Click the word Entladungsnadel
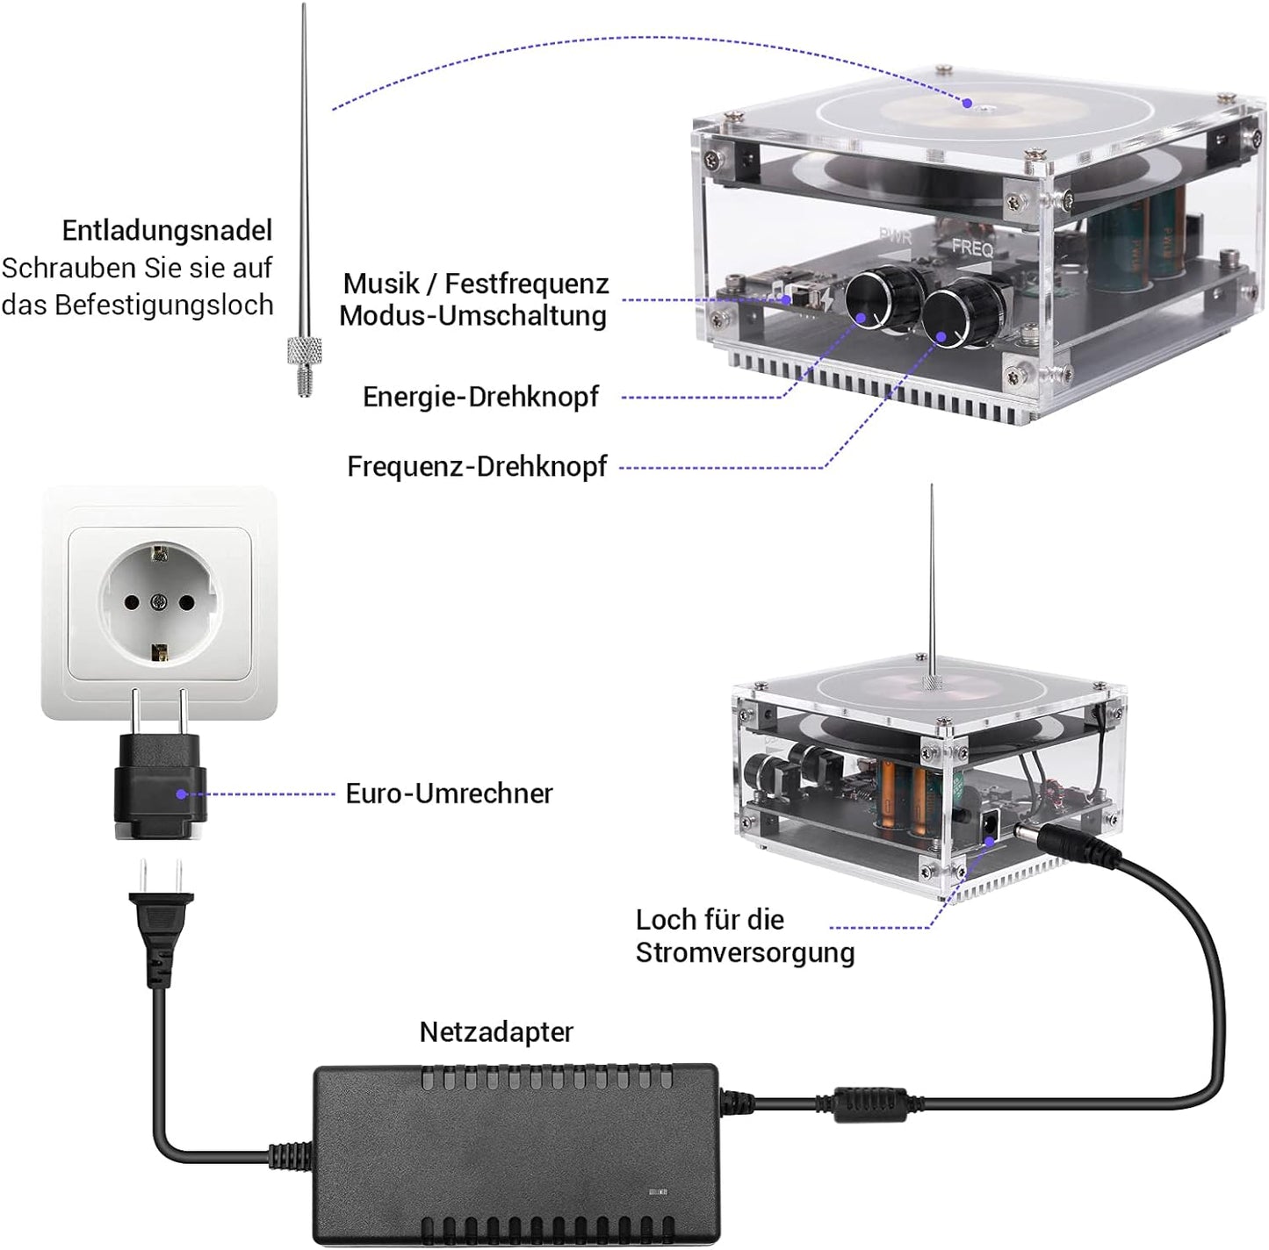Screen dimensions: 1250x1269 (167, 231)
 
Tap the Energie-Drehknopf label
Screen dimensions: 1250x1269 (480, 397)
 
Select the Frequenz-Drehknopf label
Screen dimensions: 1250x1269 (477, 466)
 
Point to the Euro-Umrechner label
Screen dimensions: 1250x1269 (449, 794)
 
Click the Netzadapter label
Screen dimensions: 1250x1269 (496, 1031)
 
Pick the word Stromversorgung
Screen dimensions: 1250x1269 (745, 952)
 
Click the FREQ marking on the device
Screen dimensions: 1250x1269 (972, 248)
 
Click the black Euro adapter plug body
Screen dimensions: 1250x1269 (160, 788)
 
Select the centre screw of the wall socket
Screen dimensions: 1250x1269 (159, 602)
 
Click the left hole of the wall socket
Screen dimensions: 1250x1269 (132, 602)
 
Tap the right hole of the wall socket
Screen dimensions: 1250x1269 (186, 602)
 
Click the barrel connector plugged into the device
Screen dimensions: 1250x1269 (1071, 844)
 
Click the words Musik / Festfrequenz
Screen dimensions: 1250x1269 (475, 284)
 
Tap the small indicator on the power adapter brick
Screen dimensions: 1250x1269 (656, 1192)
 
